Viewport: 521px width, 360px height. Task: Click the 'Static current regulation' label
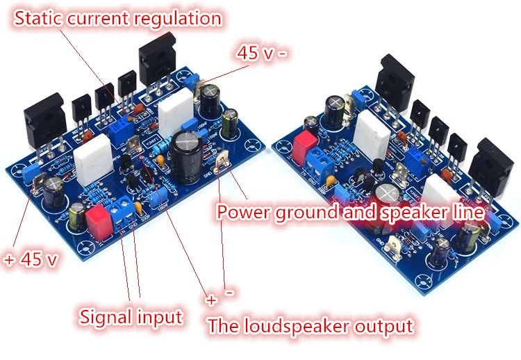(x=118, y=18)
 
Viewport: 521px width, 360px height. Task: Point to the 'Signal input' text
(x=131, y=318)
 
